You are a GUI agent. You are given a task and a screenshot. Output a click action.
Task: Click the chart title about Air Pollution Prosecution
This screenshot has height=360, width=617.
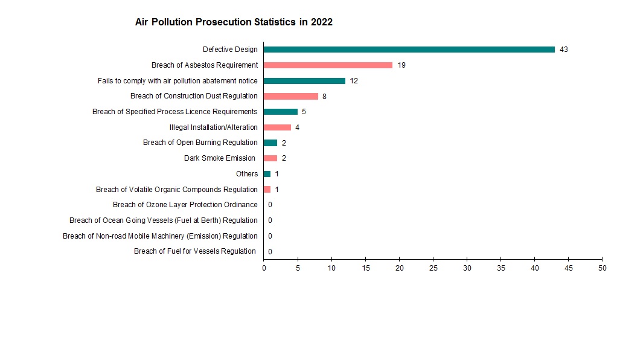tap(234, 22)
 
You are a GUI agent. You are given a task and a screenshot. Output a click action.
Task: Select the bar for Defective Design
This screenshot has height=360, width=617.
tap(409, 50)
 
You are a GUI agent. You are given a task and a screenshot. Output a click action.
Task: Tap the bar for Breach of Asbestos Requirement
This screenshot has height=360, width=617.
tap(328, 65)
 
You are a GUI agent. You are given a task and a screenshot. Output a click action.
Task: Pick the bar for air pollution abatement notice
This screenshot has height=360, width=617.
tap(304, 81)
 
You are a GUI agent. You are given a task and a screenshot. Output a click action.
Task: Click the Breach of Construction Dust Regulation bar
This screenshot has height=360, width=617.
tap(290, 96)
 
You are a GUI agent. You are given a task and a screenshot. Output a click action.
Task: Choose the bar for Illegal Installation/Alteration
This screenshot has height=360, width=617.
tap(277, 127)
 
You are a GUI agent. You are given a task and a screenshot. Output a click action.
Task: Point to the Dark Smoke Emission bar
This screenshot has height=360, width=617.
tap(270, 158)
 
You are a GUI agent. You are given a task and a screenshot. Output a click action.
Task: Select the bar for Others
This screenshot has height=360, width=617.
tap(267, 174)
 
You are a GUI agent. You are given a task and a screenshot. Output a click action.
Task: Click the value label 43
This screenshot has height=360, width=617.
tap(564, 50)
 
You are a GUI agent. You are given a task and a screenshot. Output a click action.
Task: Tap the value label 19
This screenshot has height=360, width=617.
tap(401, 65)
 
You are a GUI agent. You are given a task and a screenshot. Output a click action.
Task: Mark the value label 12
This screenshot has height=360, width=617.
tap(354, 81)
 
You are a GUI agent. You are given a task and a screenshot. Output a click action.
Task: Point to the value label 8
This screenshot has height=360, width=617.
tap(324, 97)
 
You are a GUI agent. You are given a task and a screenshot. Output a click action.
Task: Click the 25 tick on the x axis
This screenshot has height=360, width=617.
tap(433, 267)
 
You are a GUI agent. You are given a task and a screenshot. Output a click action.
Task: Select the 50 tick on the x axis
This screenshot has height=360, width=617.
tap(602, 267)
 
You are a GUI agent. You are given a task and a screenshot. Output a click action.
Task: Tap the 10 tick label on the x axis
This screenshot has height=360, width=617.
tap(331, 267)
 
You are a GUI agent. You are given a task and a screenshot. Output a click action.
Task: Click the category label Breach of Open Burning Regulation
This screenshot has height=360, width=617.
tap(200, 143)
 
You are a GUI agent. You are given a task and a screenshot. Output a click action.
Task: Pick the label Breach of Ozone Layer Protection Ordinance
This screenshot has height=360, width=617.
tap(185, 205)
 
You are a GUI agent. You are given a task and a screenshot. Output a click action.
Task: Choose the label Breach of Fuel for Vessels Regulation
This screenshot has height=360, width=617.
tap(194, 251)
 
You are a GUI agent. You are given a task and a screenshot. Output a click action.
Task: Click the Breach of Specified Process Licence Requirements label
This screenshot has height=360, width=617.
tap(174, 112)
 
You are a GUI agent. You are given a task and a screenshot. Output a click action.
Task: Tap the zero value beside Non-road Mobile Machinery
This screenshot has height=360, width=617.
tap(270, 236)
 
